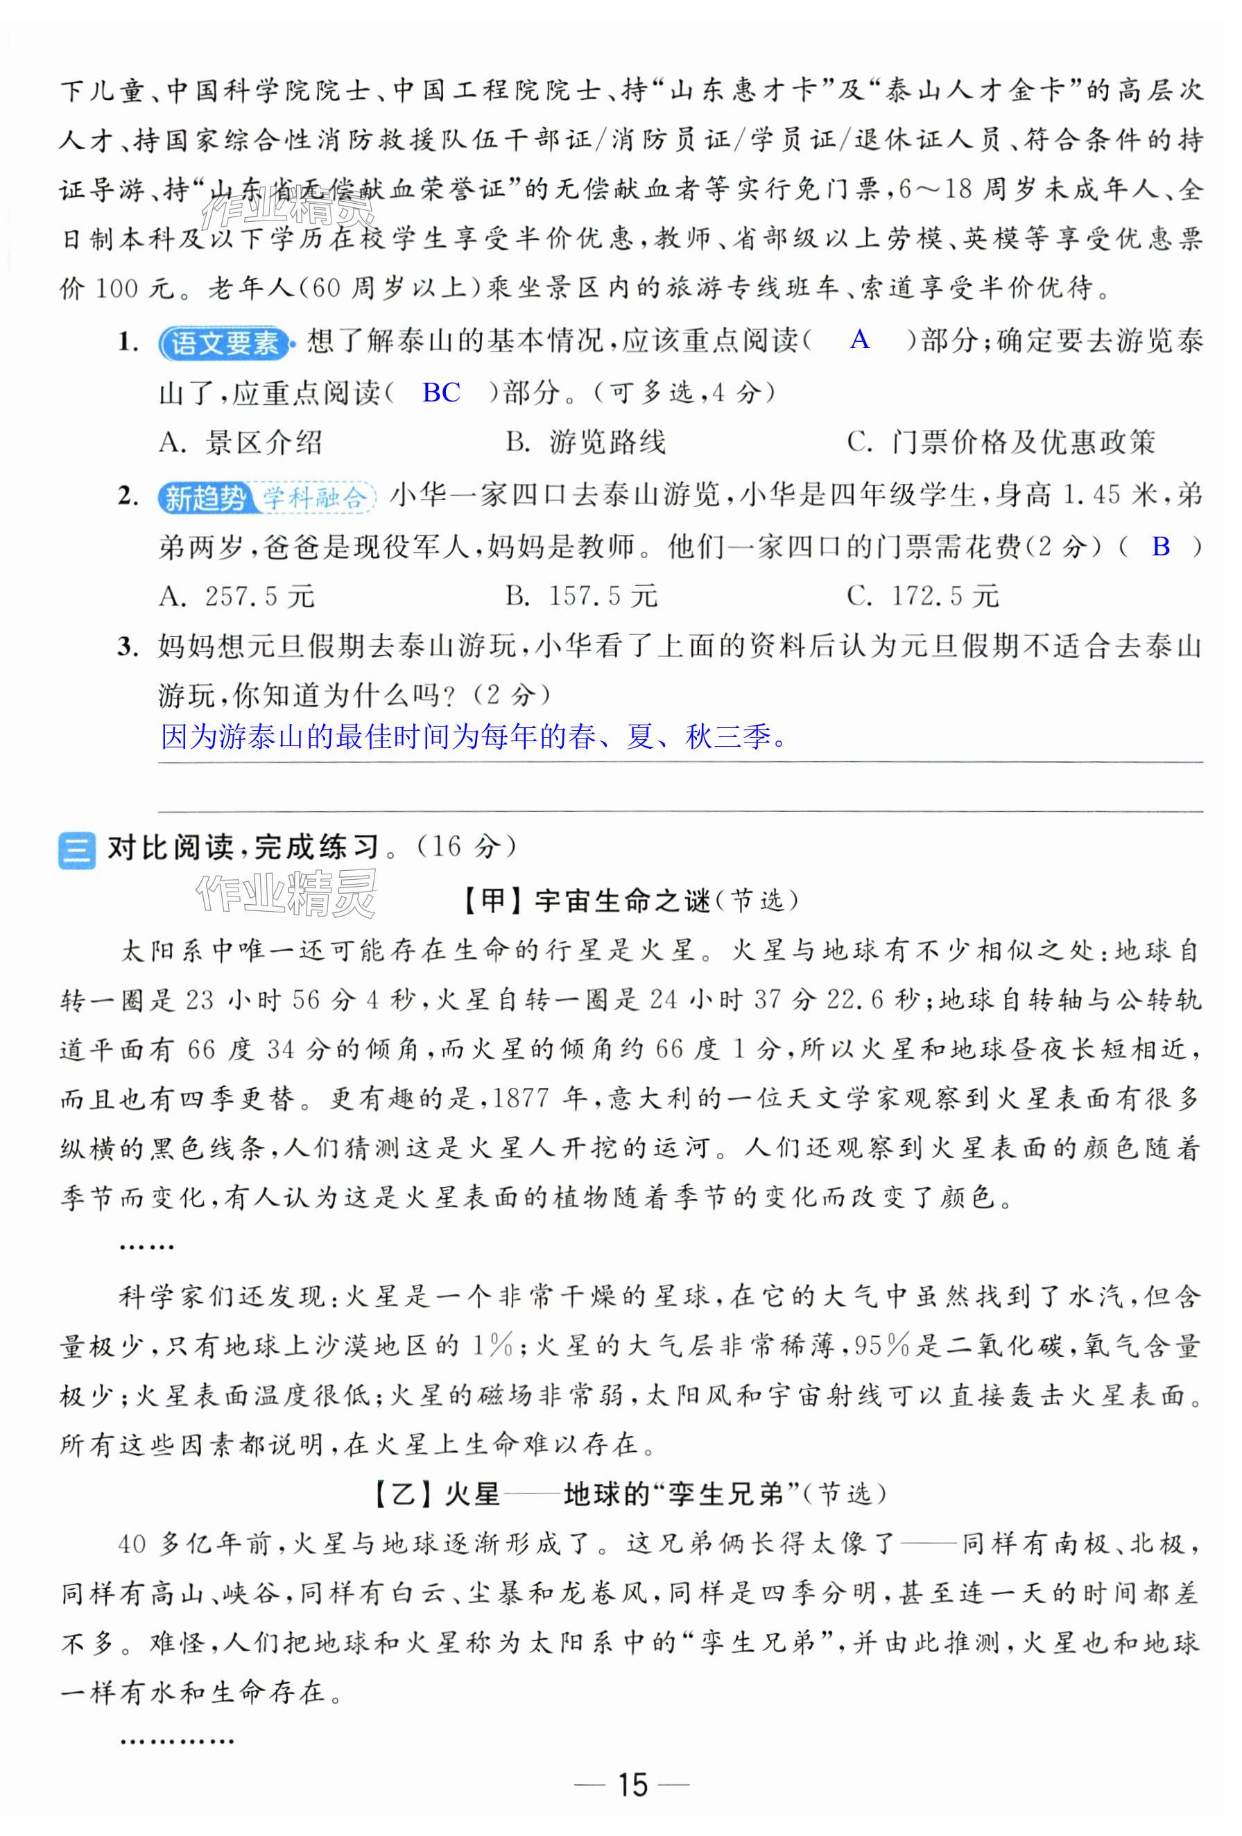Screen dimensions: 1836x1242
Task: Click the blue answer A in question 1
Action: pos(860,340)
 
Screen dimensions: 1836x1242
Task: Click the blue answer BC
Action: pos(441,392)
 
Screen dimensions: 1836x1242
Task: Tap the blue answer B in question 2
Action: pos(1161,546)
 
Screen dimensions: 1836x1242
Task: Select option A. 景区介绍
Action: pos(240,442)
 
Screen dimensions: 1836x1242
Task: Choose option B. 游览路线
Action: pos(585,442)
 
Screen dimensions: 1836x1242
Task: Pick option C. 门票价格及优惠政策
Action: pos(1001,442)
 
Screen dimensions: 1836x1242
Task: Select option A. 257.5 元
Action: pos(236,596)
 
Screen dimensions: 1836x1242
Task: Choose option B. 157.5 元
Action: pos(582,596)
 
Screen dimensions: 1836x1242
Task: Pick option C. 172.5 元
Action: pos(923,596)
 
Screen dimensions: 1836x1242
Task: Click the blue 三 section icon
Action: pos(77,850)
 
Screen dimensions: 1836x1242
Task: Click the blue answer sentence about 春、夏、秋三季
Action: pos(474,737)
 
